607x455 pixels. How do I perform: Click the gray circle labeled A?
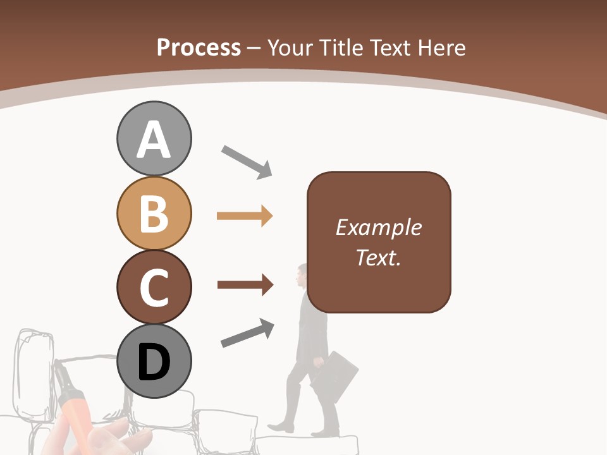click(154, 138)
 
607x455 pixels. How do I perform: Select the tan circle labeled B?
click(154, 213)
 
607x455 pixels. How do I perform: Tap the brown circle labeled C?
click(154, 287)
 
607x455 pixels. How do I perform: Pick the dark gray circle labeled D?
click(154, 361)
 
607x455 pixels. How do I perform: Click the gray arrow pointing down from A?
click(247, 161)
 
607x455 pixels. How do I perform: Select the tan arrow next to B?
click(244, 216)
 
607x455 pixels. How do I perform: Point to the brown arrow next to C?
click(245, 285)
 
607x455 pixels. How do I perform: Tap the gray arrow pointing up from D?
click(247, 334)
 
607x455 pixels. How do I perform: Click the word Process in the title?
click(199, 48)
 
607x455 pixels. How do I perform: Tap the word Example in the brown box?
click(378, 227)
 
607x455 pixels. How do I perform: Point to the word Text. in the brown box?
click(378, 257)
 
